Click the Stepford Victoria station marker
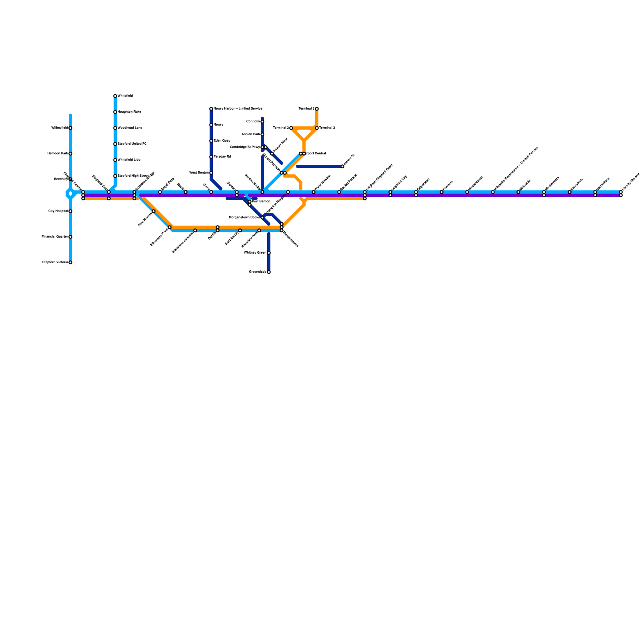pyautogui.click(x=70, y=262)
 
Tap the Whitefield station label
pyautogui.click(x=125, y=96)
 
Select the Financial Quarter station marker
pyautogui.click(x=70, y=237)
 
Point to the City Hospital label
pyautogui.click(x=58, y=211)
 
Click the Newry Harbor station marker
pyautogui.click(x=211, y=109)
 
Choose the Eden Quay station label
pyautogui.click(x=222, y=141)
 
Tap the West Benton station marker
pyautogui.click(x=211, y=173)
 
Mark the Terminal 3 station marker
pyautogui.click(x=317, y=109)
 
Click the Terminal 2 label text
pyautogui.click(x=327, y=128)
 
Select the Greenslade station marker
pyautogui.click(x=269, y=272)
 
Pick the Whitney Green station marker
pyautogui.click(x=269, y=253)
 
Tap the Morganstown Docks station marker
pyautogui.click(x=262, y=218)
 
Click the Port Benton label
pyautogui.click(x=261, y=202)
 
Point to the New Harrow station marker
pyautogui.click(x=154, y=211)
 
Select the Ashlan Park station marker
pyautogui.click(x=262, y=134)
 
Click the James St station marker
pyautogui.click(x=342, y=166)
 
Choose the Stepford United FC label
pyautogui.click(x=132, y=144)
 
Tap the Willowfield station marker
pyautogui.click(x=70, y=128)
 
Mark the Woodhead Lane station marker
pyautogui.click(x=115, y=128)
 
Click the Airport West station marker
pyautogui.click(x=272, y=154)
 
